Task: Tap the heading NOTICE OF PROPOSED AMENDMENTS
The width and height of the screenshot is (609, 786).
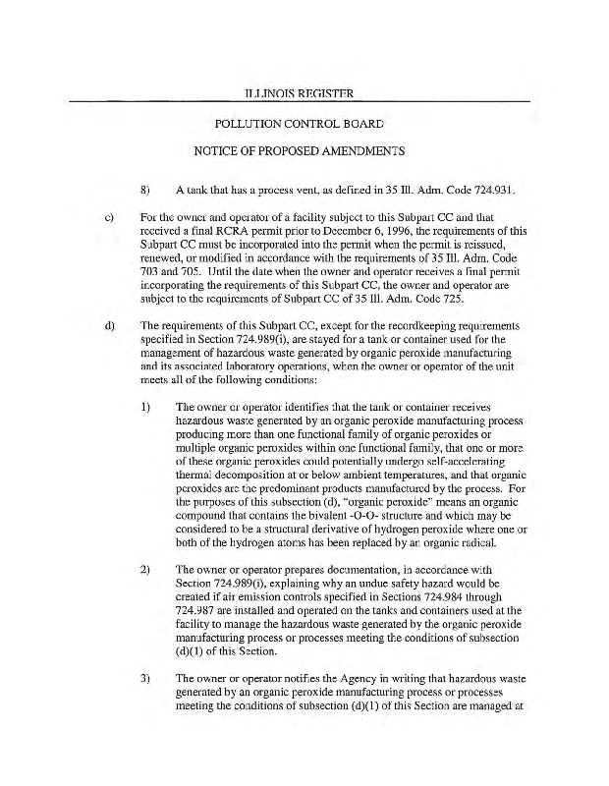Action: [300, 152]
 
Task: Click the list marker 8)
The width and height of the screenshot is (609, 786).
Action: [145, 189]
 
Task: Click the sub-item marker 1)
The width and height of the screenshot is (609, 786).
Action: [145, 406]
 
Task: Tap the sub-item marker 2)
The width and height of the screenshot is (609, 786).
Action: [145, 570]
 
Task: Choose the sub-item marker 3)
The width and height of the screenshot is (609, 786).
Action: [145, 678]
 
